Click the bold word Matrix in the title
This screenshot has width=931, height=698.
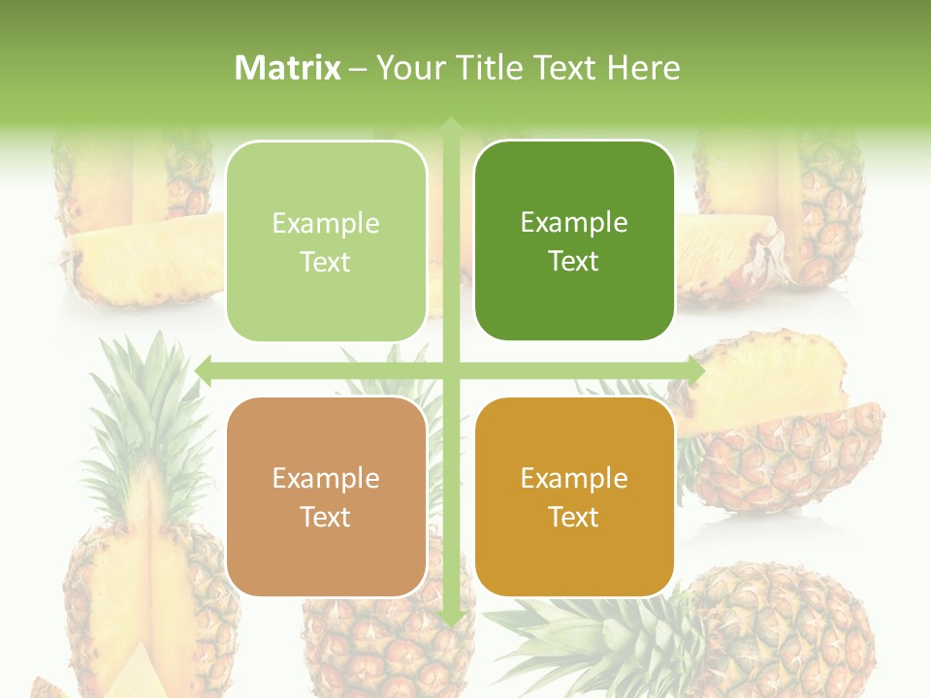click(288, 68)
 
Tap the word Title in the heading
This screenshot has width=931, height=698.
click(488, 68)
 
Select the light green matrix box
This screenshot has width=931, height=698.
click(326, 241)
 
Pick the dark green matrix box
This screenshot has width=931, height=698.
click(574, 240)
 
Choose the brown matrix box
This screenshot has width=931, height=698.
click(326, 496)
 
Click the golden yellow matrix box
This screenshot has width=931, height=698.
click(574, 496)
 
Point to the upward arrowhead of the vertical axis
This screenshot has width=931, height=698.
click(451, 126)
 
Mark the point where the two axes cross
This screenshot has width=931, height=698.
click(451, 370)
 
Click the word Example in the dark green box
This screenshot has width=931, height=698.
click(574, 222)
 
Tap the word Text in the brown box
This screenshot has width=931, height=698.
click(326, 517)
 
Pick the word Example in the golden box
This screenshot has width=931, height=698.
click(574, 478)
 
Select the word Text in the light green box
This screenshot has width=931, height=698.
click(326, 262)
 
